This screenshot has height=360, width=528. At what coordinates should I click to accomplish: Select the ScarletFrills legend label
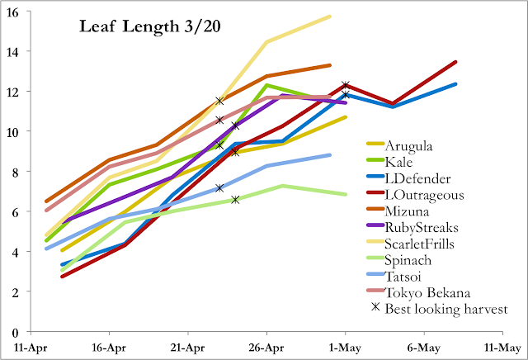[432, 244]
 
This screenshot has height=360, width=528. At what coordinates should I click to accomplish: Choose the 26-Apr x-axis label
[266, 348]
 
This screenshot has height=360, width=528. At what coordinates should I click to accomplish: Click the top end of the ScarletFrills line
[330, 16]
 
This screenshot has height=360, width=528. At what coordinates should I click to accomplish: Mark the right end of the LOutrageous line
[455, 62]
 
